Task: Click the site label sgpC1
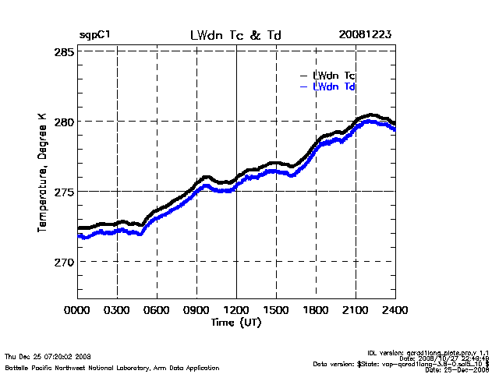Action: [x=95, y=36]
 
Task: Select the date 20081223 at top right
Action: [x=365, y=35]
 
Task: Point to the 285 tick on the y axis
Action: [x=64, y=51]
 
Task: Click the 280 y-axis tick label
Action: [x=64, y=122]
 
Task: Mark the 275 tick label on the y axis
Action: [x=64, y=192]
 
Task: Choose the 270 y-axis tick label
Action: [x=64, y=262]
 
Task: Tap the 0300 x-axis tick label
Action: [x=117, y=309]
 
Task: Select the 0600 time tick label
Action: [x=157, y=309]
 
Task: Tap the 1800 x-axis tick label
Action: [x=316, y=309]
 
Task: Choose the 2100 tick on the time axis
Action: [x=356, y=309]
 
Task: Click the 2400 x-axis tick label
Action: [x=395, y=309]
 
